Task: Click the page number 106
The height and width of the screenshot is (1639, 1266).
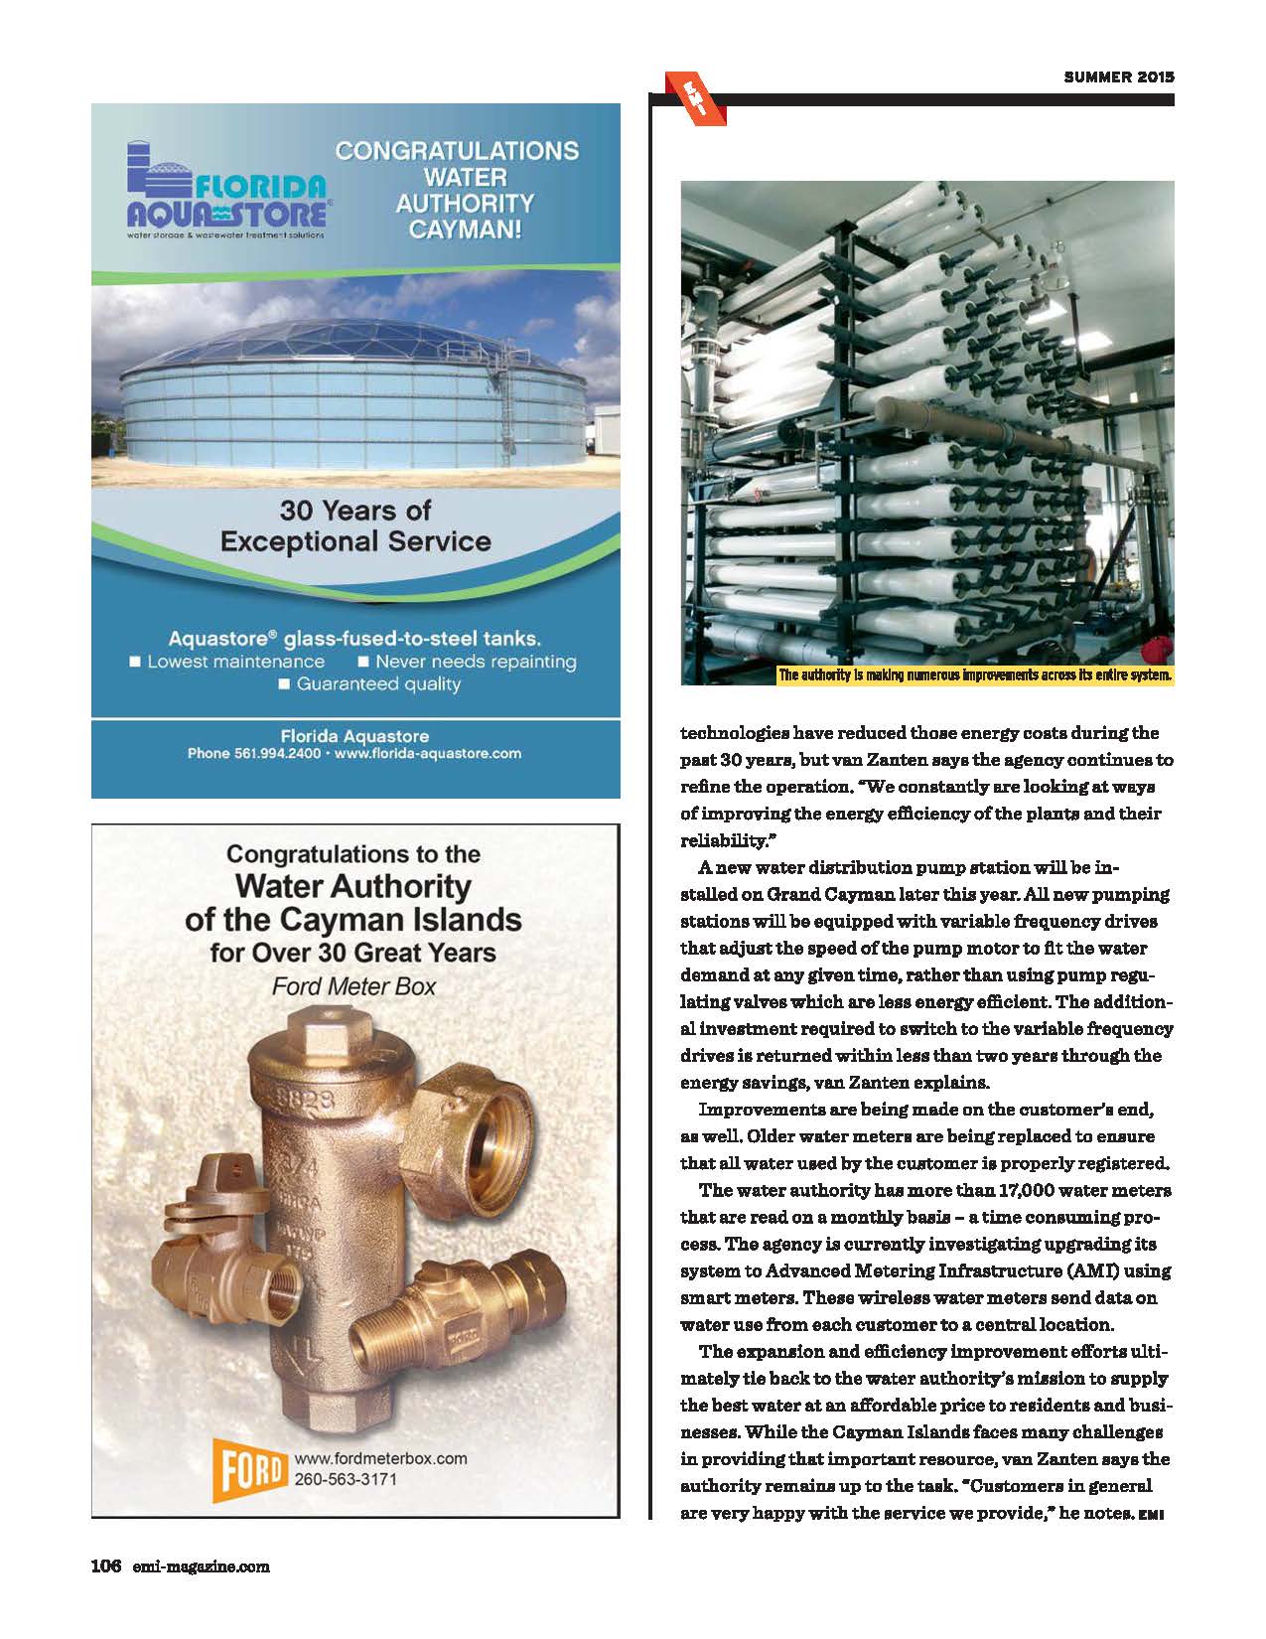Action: pos(105,1566)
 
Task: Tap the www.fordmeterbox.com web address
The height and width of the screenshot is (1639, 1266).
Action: pos(380,1458)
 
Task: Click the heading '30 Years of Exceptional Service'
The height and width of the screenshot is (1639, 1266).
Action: pos(355,525)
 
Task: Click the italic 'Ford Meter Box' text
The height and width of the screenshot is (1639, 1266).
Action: pos(353,987)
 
